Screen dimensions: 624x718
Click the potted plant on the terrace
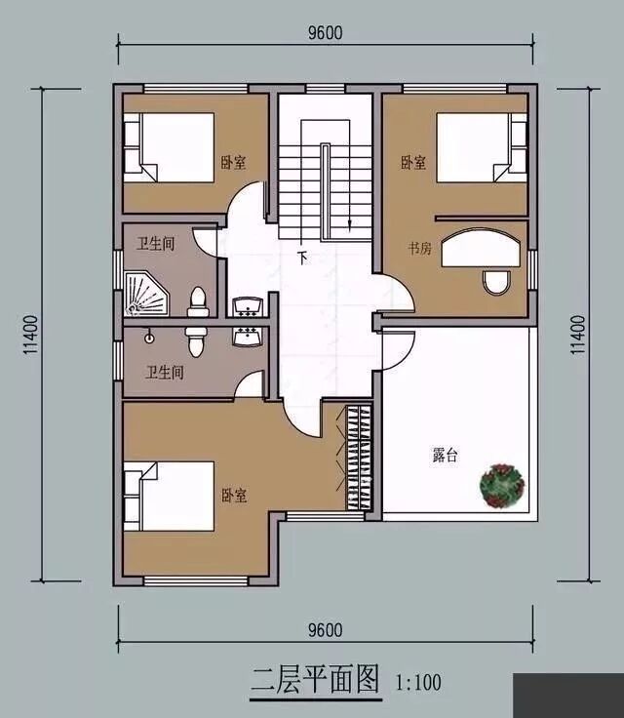click(502, 486)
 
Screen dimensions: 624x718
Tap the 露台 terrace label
click(445, 456)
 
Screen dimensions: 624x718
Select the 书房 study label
click(420, 249)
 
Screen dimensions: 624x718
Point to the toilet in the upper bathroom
click(198, 302)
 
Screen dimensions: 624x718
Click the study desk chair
click(496, 283)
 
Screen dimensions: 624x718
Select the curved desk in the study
click(481, 248)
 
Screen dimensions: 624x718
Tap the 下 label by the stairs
click(302, 258)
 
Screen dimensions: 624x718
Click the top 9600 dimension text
click(325, 33)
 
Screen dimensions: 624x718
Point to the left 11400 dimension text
click(30, 335)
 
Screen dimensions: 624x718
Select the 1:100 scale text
click(418, 682)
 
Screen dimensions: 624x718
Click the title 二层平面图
click(316, 680)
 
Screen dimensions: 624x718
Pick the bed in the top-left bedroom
click(169, 147)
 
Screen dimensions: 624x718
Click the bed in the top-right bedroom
click(482, 147)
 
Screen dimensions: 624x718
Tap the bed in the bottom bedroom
click(169, 497)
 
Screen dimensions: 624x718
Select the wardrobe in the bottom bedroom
click(359, 458)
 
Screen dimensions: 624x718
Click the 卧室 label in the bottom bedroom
click(234, 496)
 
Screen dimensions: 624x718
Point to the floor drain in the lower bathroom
click(149, 339)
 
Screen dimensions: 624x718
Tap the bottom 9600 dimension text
click(325, 630)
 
